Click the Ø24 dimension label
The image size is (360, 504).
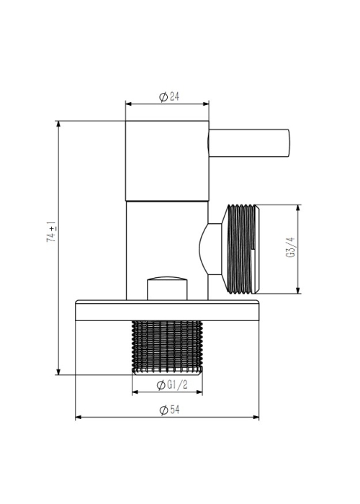169,96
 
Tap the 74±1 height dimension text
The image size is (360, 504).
52,232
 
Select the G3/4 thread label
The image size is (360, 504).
290,247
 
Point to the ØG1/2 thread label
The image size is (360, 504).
171,384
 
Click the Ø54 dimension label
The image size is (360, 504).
169,410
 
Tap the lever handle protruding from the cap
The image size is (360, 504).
249,143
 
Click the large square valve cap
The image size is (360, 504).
167,161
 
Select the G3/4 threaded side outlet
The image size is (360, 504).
240,249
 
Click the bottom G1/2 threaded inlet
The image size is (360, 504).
167,348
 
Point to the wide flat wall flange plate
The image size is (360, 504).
167,310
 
